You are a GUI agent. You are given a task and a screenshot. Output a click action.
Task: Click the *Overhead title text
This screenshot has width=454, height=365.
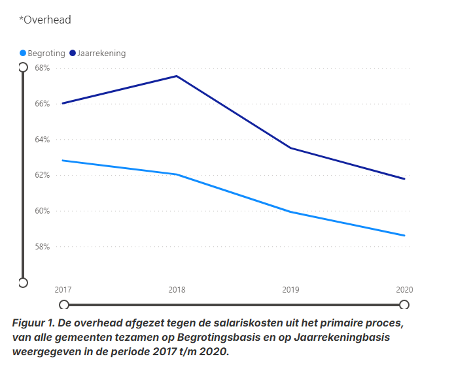(44, 20)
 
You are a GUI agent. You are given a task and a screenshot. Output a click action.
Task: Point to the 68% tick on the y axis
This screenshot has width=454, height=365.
(43, 68)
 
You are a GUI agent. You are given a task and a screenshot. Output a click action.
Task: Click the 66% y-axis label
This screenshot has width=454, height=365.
(43, 104)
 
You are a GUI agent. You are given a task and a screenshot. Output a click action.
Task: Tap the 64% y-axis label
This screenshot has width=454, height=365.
(43, 140)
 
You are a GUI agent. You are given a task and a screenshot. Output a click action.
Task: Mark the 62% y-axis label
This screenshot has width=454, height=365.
(43, 175)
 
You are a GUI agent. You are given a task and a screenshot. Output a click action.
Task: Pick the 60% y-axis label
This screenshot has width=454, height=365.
(43, 211)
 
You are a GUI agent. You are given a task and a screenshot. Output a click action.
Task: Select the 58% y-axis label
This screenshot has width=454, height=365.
(43, 247)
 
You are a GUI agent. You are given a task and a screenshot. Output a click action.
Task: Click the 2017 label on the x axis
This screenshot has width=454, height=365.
(63, 289)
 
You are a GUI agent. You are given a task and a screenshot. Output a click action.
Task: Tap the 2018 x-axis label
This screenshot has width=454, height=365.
(177, 289)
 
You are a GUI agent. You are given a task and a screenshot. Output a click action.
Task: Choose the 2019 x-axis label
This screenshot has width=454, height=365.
(290, 289)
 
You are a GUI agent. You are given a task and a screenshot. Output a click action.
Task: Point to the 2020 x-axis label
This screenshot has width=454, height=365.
(404, 289)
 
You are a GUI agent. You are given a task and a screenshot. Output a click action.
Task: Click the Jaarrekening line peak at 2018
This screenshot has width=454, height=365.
(177, 76)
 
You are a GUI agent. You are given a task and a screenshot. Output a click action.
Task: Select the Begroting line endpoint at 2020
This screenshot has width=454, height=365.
(405, 236)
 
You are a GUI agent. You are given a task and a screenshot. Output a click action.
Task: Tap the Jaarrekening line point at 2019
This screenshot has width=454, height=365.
(290, 148)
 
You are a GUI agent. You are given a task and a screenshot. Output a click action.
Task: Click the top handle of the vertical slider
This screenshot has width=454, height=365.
(23, 67)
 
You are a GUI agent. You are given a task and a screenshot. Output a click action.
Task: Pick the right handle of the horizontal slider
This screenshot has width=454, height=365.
(404, 304)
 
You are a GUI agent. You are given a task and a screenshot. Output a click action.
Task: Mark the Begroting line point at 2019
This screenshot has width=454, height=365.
(290, 212)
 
